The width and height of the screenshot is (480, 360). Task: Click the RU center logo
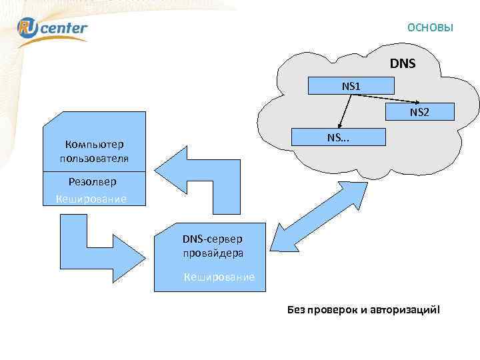tap(52, 27)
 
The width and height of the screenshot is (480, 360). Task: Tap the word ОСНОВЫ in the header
tap(430, 28)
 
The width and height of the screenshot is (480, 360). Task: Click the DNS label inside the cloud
tap(402, 64)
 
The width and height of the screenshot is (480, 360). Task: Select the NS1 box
tap(351, 86)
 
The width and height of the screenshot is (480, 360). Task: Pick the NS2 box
tap(419, 112)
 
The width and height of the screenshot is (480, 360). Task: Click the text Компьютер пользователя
tap(93, 151)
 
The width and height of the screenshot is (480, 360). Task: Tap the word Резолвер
tap(92, 181)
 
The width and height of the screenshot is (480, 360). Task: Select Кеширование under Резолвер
tap(91, 199)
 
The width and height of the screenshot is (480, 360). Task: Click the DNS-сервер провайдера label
tap(213, 246)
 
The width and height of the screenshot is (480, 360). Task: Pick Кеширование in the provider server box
tap(219, 277)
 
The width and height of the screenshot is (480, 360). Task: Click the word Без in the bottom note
tap(295, 311)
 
